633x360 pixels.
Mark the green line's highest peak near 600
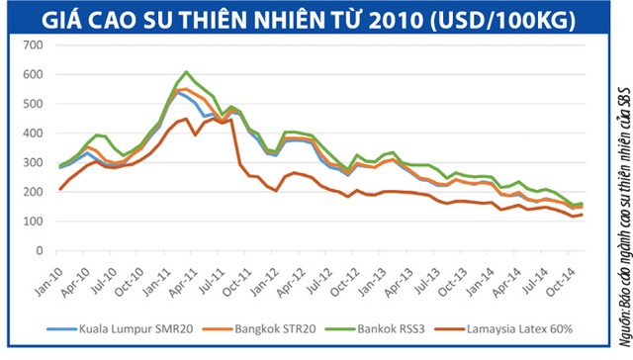187,72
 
